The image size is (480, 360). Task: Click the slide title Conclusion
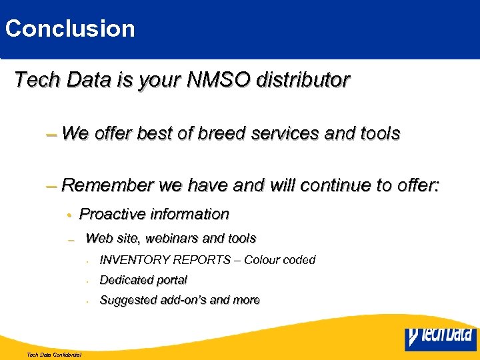pos(70,29)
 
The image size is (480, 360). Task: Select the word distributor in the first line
pos(309,80)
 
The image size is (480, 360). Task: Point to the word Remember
pos(107,185)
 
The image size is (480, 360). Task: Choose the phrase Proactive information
pos(154,214)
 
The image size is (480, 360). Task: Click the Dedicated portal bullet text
pos(143,280)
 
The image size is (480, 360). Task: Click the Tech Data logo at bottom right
pos(441,338)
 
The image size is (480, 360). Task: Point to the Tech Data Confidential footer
pos(54,355)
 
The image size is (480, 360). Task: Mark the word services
pos(292,133)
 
